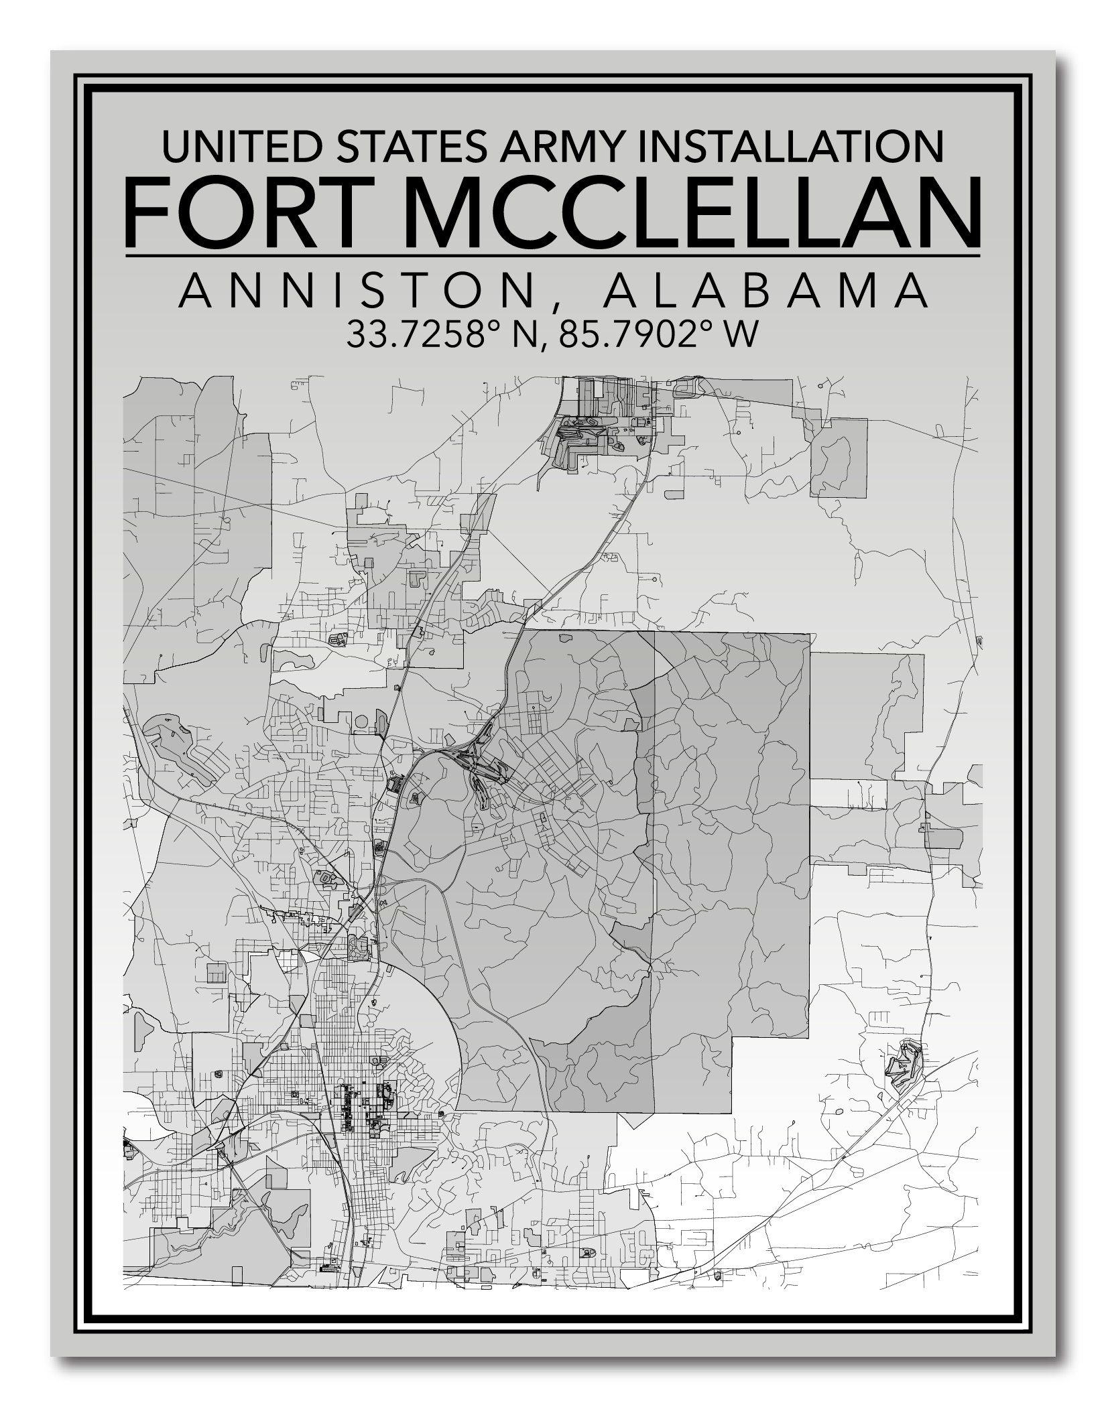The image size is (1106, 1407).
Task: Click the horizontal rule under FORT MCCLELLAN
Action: tap(552, 255)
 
